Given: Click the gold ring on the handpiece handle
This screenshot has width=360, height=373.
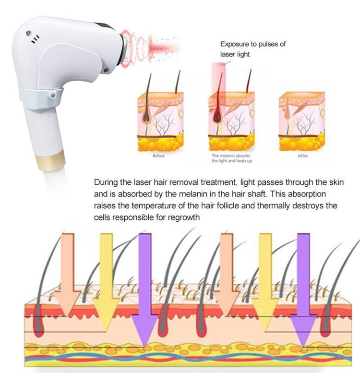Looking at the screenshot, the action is (51, 160).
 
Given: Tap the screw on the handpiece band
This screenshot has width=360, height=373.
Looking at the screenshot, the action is (53, 96).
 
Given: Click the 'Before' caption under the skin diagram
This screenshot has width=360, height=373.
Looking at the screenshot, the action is (158, 156).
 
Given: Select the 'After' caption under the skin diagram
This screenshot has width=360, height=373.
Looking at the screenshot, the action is (302, 156).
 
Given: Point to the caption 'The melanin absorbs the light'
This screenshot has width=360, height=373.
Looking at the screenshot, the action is (231, 158).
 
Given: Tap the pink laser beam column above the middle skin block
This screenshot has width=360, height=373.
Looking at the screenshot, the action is (217, 79).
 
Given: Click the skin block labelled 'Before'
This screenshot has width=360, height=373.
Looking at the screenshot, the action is (160, 121).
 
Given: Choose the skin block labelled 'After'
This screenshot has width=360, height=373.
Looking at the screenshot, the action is (302, 121).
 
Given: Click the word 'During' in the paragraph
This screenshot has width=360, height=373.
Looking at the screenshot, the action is (106, 182).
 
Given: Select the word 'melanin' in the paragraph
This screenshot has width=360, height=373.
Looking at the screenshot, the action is (192, 194).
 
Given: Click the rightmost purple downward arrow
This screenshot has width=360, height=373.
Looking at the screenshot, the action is (303, 290).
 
